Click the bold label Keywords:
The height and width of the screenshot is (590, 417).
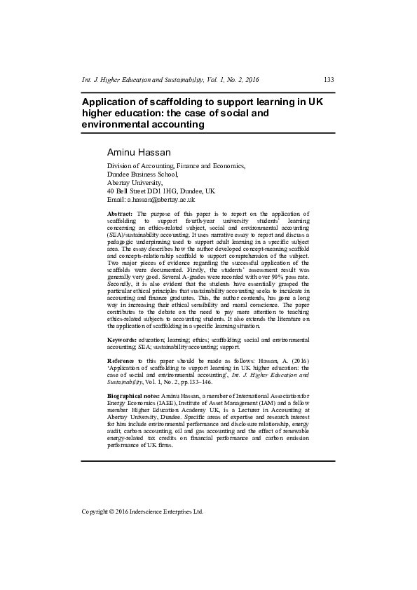(123, 340)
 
